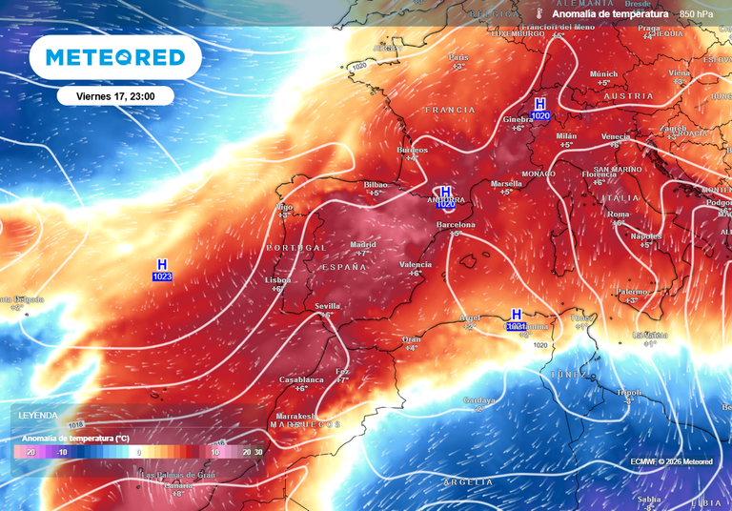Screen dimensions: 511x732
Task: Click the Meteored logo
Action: [115, 58]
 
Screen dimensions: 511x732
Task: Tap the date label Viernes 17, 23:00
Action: [114, 95]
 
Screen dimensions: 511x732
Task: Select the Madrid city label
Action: [363, 244]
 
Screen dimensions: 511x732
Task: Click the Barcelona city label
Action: [455, 225]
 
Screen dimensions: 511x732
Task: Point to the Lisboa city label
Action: [277, 279]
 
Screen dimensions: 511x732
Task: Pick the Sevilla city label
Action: [328, 305]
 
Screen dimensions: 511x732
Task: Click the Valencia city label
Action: [416, 264]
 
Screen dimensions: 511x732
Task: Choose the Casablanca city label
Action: [301, 378]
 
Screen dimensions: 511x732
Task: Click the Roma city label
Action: [619, 215]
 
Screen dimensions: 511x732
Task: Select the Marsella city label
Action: [506, 182]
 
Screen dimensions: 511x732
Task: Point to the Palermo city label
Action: [631, 291]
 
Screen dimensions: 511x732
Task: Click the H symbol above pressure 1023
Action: [162, 264]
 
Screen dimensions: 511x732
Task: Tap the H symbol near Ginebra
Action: [540, 103]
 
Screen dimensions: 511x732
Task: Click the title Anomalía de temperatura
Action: [610, 14]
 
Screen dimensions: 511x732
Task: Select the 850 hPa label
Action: [696, 14]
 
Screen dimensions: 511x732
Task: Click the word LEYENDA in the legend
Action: [38, 416]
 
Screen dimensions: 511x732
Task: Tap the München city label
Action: [603, 73]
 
